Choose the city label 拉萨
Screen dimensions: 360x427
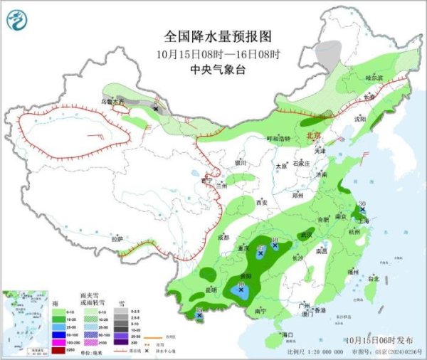pos(117,238)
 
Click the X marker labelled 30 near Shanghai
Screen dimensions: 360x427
pos(362,211)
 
